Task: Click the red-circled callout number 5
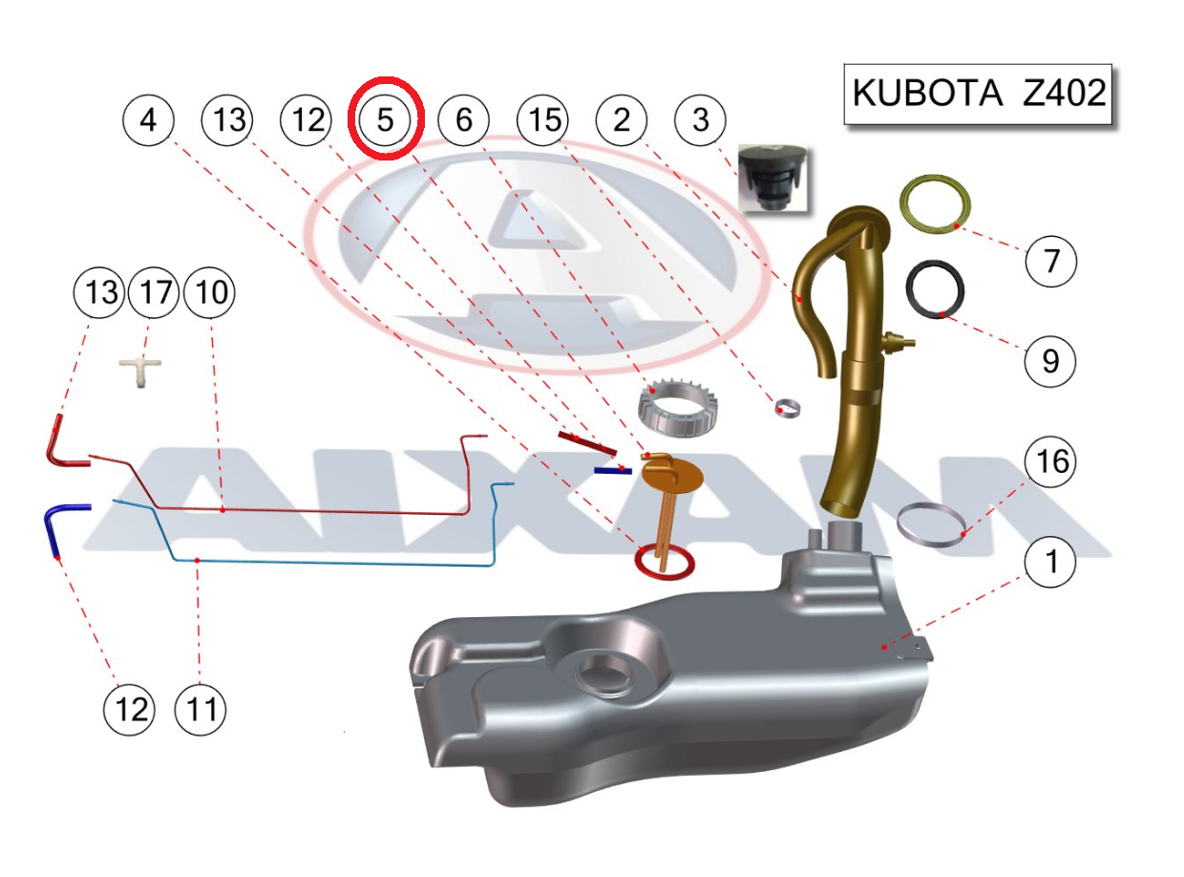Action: (x=386, y=118)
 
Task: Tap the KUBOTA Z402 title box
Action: (x=978, y=94)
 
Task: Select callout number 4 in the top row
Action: (x=148, y=119)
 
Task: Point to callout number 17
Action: (x=155, y=292)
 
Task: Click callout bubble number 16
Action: (x=1050, y=460)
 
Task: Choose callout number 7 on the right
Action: (x=1050, y=261)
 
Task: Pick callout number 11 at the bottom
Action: (x=201, y=709)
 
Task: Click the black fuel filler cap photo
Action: (x=772, y=178)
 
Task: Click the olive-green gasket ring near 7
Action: (x=935, y=203)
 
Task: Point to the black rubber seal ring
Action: (x=935, y=289)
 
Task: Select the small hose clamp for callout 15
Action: (x=788, y=408)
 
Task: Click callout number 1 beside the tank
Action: (x=1050, y=562)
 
